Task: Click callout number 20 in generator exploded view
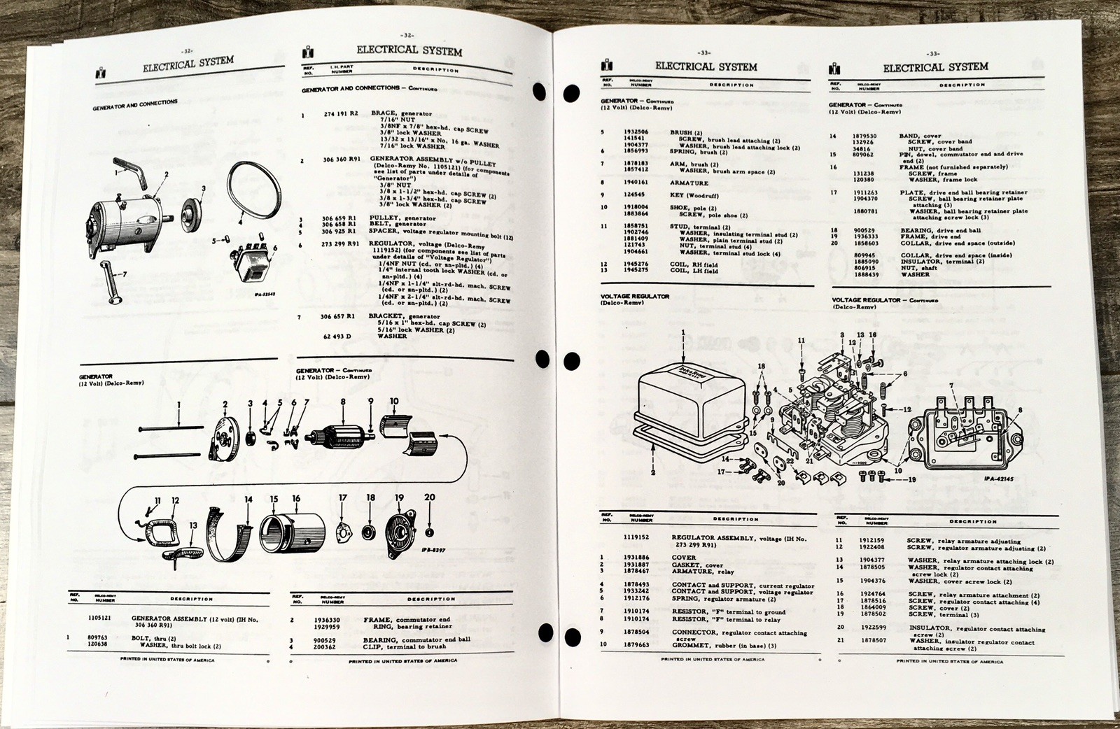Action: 430,497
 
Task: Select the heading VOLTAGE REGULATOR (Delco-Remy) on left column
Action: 634,297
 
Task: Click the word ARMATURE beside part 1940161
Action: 689,183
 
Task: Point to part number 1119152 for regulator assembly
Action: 638,538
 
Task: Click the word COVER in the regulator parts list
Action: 683,558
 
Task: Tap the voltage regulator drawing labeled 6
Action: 255,264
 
